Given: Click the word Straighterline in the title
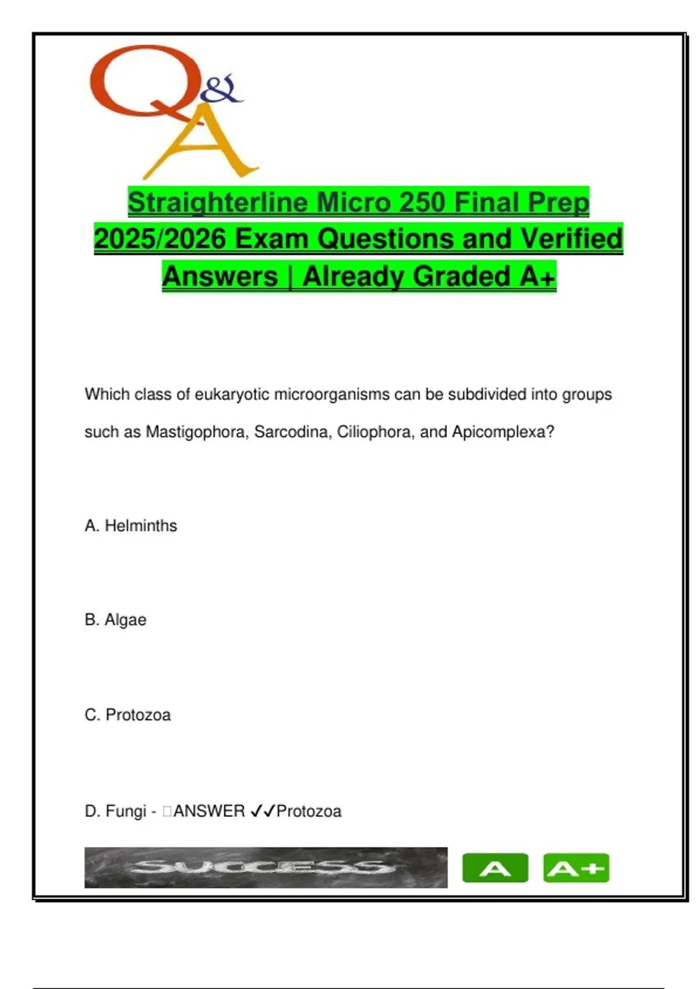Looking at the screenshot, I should pyautogui.click(x=218, y=202).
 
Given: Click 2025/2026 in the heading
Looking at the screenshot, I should pyautogui.click(x=160, y=239).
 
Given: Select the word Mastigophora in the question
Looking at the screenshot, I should pyautogui.click(x=195, y=432).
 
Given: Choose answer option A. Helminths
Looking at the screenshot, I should pyautogui.click(x=131, y=526).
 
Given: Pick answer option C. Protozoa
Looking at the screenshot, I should pyautogui.click(x=127, y=715).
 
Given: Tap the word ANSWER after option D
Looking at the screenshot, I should pyautogui.click(x=209, y=811).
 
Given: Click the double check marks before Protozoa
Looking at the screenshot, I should pyautogui.click(x=262, y=811).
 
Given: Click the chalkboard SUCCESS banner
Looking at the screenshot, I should pyautogui.click(x=266, y=867).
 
